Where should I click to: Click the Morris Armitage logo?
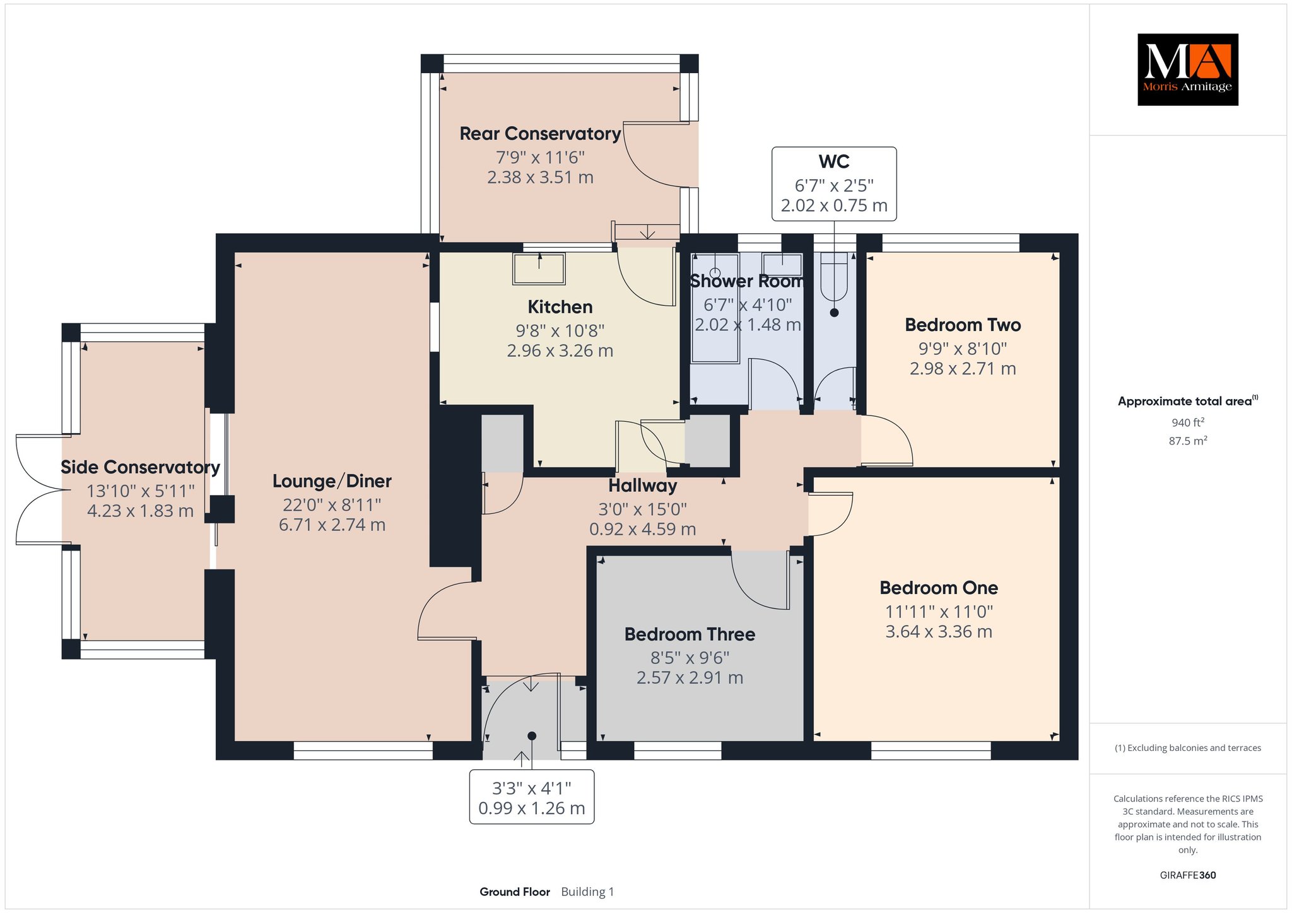[x=1187, y=69]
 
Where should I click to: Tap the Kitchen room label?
[x=560, y=307]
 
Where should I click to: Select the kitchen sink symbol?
[x=539, y=269]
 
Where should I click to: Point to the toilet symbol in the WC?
[x=834, y=277]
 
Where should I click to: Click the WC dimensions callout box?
[x=834, y=183]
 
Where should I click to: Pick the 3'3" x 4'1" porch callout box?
[x=532, y=797]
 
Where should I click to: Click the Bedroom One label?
[x=939, y=588]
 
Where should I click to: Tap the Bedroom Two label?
[x=963, y=325]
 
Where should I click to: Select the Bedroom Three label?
[x=690, y=634]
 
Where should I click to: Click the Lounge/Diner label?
[x=332, y=481]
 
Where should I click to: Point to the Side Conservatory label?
[x=140, y=467]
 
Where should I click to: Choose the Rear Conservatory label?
[x=540, y=134]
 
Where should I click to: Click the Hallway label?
[x=642, y=486]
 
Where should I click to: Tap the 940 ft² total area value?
[x=1188, y=422]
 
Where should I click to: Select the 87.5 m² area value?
[x=1188, y=441]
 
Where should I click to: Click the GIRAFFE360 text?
[x=1188, y=875]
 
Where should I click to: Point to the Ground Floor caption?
[x=515, y=892]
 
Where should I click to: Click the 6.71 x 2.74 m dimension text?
[x=332, y=525]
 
